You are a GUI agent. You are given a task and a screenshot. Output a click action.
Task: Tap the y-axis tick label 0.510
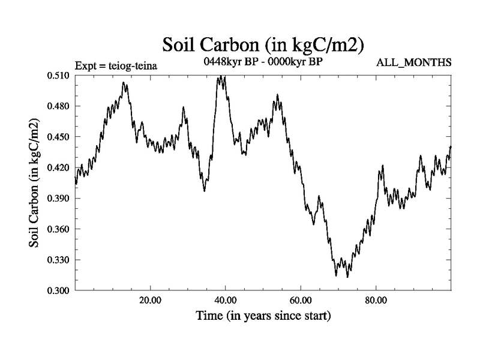tap(59, 76)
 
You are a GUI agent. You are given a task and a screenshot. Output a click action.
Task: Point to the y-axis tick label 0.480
tap(59, 106)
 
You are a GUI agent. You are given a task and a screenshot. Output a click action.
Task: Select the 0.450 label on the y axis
tap(59, 137)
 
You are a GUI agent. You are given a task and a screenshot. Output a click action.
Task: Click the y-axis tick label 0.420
tap(59, 168)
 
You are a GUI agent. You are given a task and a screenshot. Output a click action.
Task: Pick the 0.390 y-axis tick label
tap(59, 199)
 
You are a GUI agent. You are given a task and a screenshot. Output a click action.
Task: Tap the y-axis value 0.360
tap(59, 229)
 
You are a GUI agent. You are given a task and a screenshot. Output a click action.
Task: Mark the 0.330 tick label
tap(59, 260)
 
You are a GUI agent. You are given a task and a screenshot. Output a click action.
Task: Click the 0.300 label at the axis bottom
tap(59, 291)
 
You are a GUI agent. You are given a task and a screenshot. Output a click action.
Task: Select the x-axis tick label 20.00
tap(150, 300)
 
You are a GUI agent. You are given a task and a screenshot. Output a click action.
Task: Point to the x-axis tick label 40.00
tap(225, 300)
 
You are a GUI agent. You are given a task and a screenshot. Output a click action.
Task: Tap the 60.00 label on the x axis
tap(301, 300)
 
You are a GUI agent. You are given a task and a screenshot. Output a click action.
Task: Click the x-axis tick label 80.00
tap(376, 300)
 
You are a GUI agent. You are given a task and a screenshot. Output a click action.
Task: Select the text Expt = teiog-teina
tap(116, 65)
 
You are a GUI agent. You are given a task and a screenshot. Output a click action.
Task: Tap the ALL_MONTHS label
tap(413, 63)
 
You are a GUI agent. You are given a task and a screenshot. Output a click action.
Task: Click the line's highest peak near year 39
tap(222, 76)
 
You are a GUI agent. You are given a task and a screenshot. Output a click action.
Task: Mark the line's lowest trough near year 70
tap(337, 275)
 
